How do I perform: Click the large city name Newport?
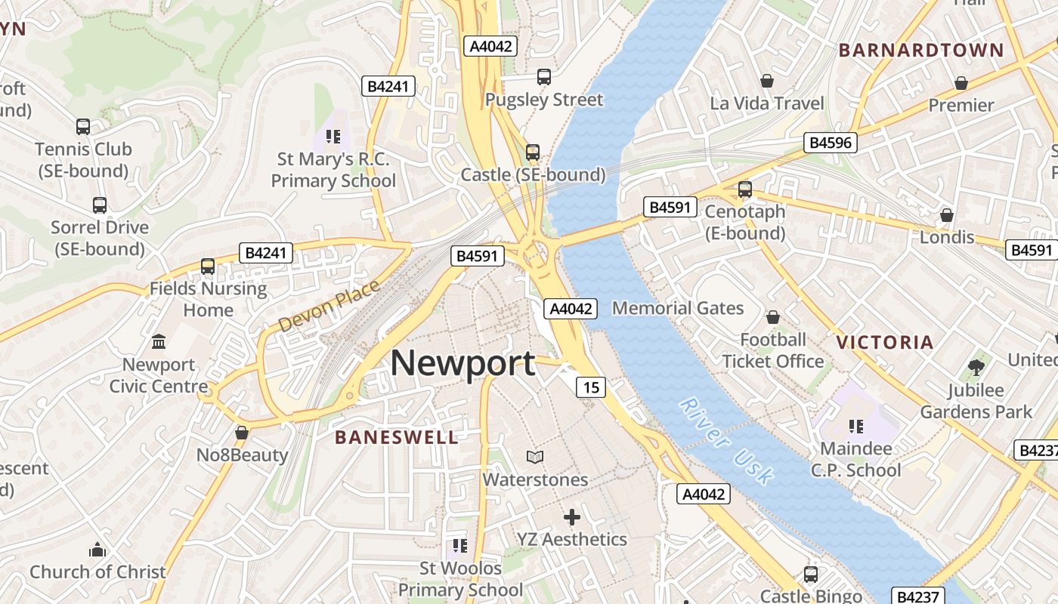tap(462, 363)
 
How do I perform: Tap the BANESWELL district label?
tap(396, 437)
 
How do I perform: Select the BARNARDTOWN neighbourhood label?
tap(921, 51)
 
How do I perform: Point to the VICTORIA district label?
tap(884, 342)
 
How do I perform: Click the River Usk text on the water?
tap(726, 441)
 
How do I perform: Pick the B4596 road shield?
tap(830, 143)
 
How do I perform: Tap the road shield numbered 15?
tap(591, 387)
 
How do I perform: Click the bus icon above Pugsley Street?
tap(544, 76)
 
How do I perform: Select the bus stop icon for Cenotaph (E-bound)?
tap(745, 190)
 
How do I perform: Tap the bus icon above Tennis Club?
tap(83, 127)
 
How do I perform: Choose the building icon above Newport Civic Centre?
tap(159, 342)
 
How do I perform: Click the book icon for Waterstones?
tap(535, 457)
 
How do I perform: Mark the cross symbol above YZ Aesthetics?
tap(572, 517)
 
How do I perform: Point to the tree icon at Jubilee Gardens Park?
tap(976, 368)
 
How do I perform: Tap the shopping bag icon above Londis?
tap(947, 215)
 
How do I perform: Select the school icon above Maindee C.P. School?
tap(856, 427)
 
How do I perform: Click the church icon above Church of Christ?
tap(97, 550)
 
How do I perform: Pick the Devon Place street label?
tap(328, 306)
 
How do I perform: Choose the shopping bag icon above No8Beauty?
tap(242, 433)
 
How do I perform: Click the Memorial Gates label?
tap(678, 308)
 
